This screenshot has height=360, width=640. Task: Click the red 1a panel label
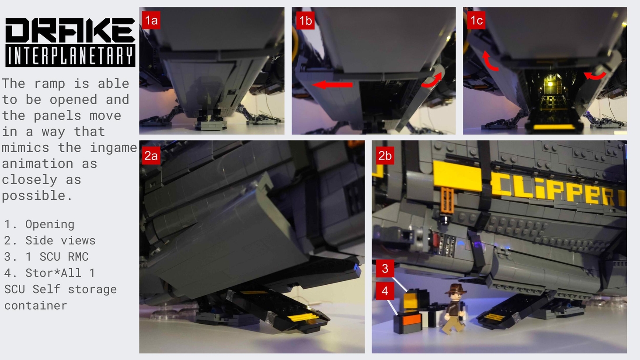pyautogui.click(x=151, y=20)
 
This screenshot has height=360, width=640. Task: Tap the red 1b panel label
pyautogui.click(x=306, y=20)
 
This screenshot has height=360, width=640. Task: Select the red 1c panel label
pyautogui.click(x=477, y=20)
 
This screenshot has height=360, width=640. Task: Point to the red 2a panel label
pyautogui.click(x=151, y=156)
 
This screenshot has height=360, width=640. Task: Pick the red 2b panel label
pyautogui.click(x=385, y=156)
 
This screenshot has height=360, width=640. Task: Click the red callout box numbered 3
pyautogui.click(x=385, y=269)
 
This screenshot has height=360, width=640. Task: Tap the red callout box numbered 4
pyautogui.click(x=385, y=291)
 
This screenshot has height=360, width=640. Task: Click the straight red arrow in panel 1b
pyautogui.click(x=332, y=85)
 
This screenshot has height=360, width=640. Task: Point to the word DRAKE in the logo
pyautogui.click(x=70, y=30)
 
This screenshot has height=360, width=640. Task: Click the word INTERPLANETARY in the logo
pyautogui.click(x=70, y=56)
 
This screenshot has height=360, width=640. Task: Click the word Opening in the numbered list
pyautogui.click(x=50, y=224)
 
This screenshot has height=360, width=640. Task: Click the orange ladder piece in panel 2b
pyautogui.click(x=447, y=200)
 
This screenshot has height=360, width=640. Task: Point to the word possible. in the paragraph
pyautogui.click(x=37, y=196)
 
